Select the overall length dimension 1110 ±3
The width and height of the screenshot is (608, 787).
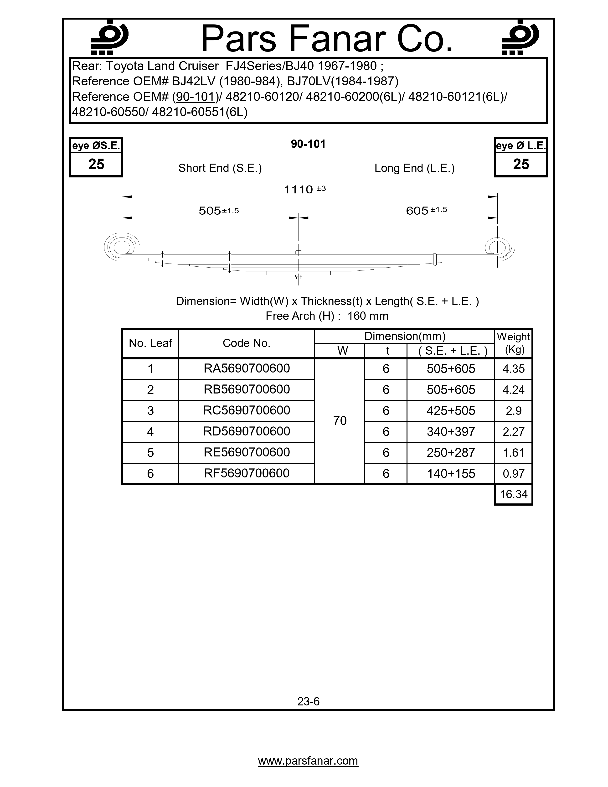(305, 189)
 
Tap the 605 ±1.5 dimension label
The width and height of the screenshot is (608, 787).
(426, 210)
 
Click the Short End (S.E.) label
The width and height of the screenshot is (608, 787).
(220, 168)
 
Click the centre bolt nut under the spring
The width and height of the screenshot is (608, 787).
(299, 277)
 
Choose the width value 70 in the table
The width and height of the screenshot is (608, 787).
(340, 420)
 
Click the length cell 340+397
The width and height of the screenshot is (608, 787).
(451, 431)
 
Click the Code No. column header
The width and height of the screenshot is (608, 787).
(246, 343)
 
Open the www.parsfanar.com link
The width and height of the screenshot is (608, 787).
(308, 761)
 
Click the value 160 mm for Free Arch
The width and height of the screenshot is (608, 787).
(368, 316)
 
